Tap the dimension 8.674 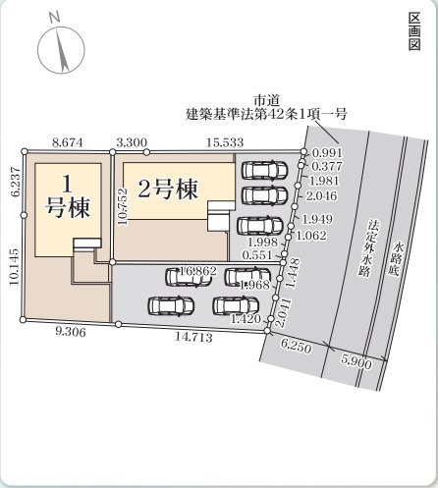point(67,142)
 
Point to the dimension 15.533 point(226,142)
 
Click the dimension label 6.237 point(13,183)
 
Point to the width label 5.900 point(356,360)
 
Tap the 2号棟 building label point(168,189)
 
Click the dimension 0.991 point(327,153)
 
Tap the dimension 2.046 point(322,195)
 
